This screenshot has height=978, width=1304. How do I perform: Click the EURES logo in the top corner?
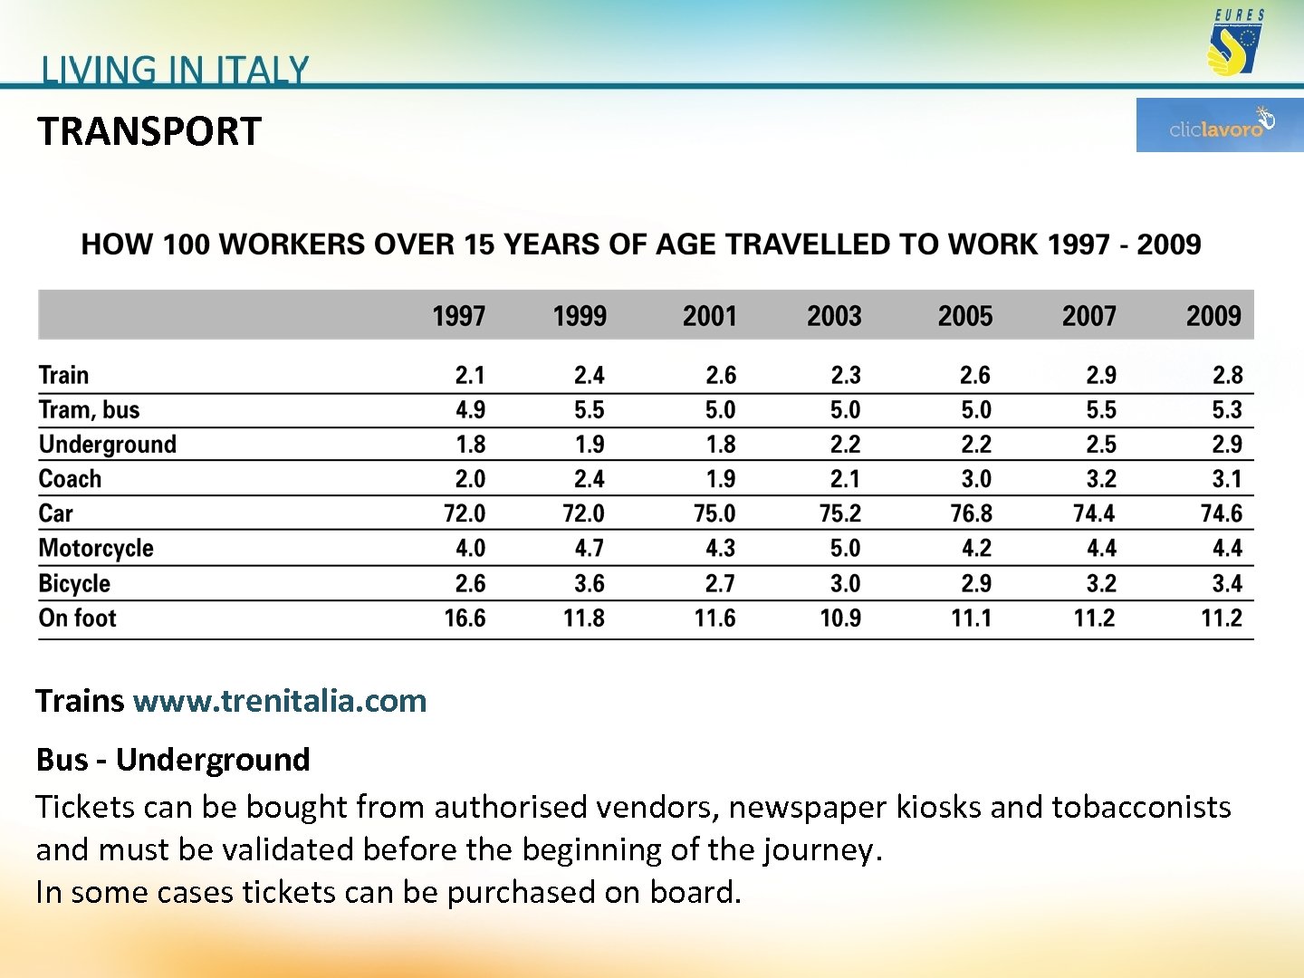(x=1238, y=43)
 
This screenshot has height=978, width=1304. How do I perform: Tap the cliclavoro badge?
(x=1219, y=125)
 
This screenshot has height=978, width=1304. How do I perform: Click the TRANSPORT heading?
(x=149, y=131)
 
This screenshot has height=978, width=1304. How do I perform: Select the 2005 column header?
(x=964, y=316)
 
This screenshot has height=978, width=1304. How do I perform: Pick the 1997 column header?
(x=458, y=316)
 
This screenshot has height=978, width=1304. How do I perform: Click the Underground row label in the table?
(x=108, y=445)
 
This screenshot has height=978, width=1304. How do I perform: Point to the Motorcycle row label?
(x=96, y=548)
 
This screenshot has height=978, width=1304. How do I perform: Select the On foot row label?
(x=78, y=618)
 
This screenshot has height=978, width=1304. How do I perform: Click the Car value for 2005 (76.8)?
(x=971, y=513)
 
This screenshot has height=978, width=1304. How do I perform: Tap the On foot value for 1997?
(x=465, y=618)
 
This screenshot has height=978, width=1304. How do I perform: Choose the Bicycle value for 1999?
(x=589, y=583)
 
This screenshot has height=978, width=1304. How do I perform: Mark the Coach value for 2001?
(x=720, y=479)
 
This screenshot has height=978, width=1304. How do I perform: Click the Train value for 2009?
(x=1227, y=375)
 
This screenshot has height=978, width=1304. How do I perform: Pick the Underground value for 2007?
(x=1101, y=445)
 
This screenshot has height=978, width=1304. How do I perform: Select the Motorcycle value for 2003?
(x=845, y=548)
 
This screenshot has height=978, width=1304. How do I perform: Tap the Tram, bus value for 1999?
(x=589, y=410)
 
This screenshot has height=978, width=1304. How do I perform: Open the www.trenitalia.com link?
(x=280, y=701)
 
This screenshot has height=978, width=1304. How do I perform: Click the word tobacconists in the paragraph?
(x=1141, y=807)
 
